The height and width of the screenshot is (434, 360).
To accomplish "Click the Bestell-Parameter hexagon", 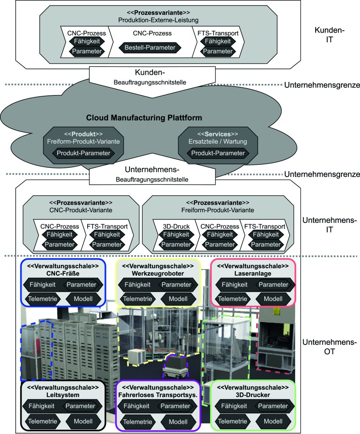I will point(150,47).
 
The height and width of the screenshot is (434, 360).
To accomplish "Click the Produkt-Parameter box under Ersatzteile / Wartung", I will point(218,153).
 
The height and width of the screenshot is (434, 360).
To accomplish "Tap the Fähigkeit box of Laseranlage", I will point(233,284).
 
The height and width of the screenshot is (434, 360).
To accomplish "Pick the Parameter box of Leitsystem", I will point(80,406).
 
